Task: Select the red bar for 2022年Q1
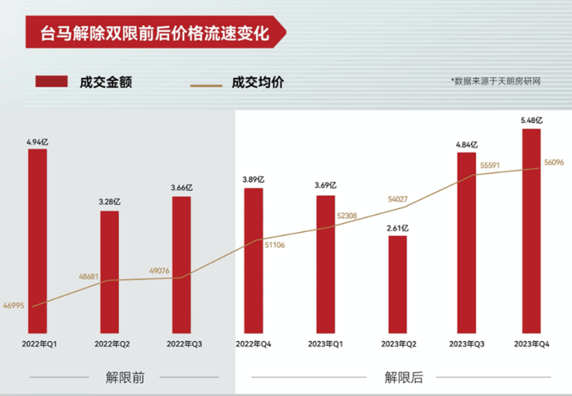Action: click(37, 240)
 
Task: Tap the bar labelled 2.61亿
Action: click(397, 283)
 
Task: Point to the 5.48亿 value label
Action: click(531, 121)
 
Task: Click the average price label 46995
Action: click(14, 306)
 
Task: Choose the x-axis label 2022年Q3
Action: click(181, 342)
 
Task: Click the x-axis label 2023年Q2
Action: click(397, 342)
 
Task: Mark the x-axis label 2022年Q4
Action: click(254, 342)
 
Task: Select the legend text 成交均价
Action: click(257, 81)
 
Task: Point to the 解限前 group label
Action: click(125, 377)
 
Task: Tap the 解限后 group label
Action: click(403, 377)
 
